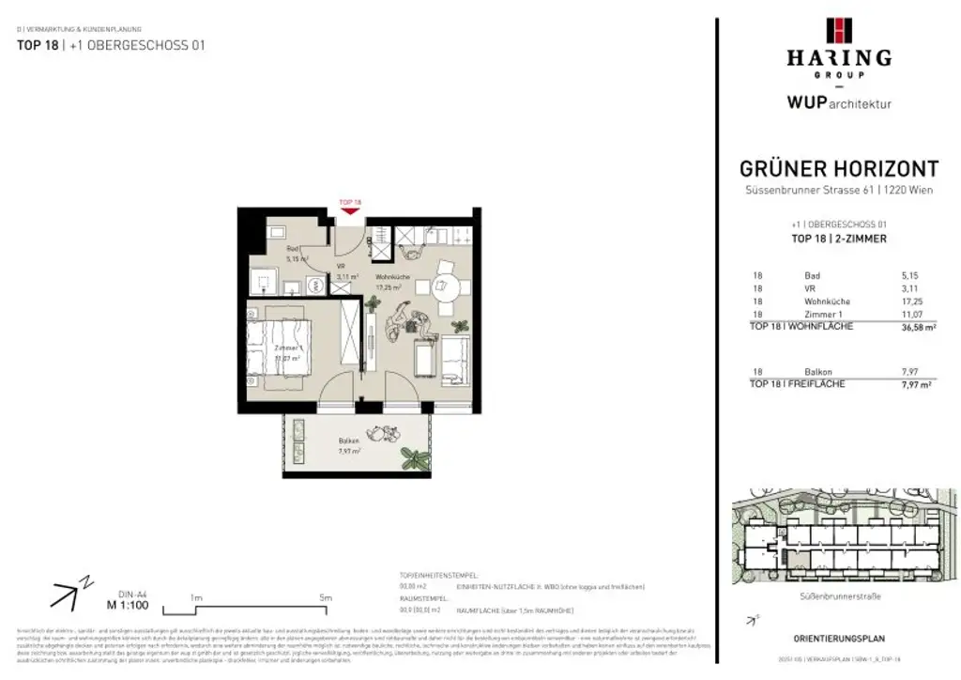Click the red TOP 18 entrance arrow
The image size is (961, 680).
349,209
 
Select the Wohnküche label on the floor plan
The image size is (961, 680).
394,277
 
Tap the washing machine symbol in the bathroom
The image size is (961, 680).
264,279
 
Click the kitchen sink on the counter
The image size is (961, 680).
410,235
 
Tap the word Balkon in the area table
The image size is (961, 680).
818,372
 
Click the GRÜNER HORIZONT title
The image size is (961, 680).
838,169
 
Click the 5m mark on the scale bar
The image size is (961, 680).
326,596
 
